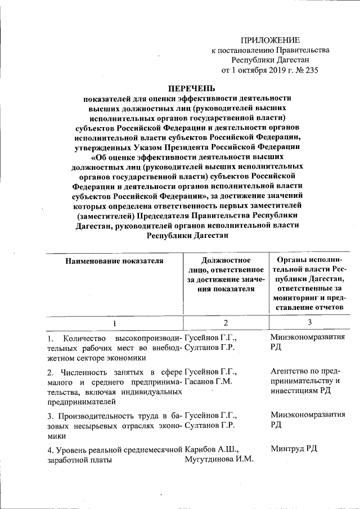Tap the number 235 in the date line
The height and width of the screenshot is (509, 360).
tap(310, 71)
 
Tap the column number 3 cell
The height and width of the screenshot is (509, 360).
tap(309, 322)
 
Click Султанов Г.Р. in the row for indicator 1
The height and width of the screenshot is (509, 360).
tap(210, 348)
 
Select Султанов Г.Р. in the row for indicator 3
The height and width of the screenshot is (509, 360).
tap(210, 426)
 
